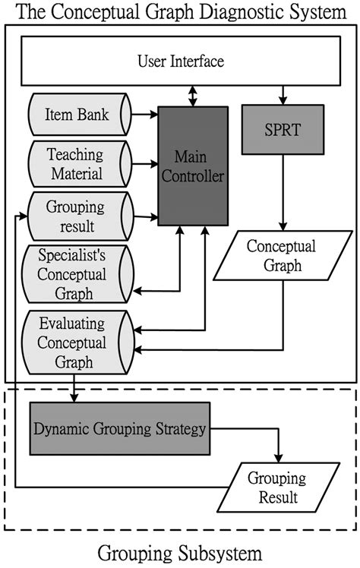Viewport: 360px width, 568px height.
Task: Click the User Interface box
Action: point(180,60)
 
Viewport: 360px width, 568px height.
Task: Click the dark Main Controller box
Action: point(193,166)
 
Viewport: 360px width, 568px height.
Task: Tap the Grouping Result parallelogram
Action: point(276,488)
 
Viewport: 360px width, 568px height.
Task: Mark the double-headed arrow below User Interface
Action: point(194,96)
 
